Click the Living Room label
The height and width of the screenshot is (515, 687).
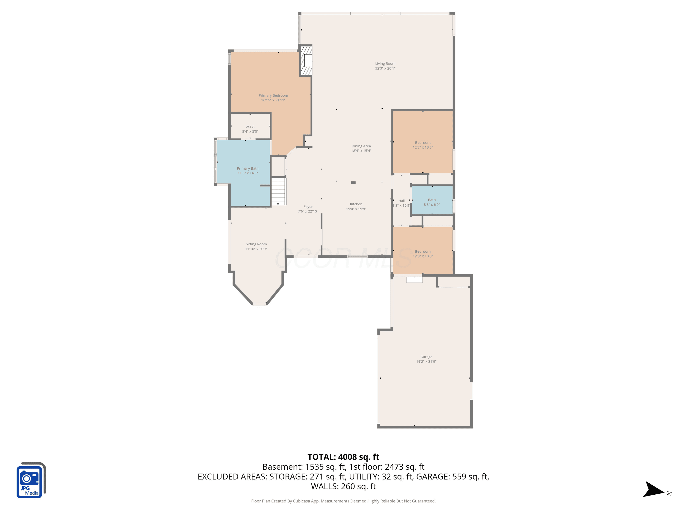click(385, 64)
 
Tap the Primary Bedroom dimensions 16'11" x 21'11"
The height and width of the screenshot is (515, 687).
click(273, 100)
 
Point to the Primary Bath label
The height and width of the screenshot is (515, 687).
click(248, 168)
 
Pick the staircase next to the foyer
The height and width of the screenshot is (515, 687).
click(278, 191)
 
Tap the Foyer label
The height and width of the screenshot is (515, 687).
click(308, 207)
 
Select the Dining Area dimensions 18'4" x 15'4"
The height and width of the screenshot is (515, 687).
click(361, 151)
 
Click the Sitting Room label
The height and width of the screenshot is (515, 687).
click(256, 244)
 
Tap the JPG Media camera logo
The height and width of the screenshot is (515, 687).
click(31, 480)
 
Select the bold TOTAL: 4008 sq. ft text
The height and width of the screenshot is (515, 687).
click(343, 457)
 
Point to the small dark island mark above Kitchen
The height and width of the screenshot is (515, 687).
click(353, 182)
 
